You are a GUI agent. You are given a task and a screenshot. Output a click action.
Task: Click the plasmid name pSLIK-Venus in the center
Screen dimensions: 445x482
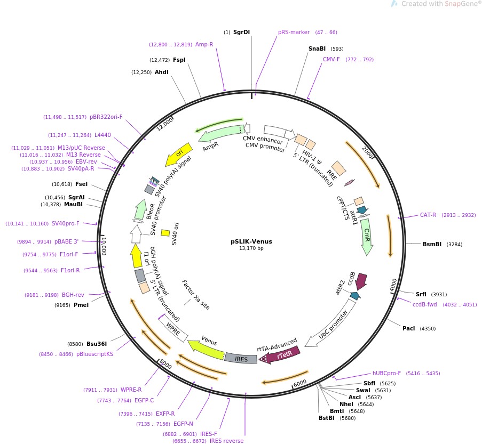coord(247,241)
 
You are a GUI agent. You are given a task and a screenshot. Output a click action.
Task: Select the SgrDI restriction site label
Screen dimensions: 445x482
coord(241,33)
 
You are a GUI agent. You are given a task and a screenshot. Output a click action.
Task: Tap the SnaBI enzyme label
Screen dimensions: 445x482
coord(317,48)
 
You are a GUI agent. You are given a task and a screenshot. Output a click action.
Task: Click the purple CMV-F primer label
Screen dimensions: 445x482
coord(331,59)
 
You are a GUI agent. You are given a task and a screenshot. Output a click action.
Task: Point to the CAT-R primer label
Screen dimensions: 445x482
coord(428,215)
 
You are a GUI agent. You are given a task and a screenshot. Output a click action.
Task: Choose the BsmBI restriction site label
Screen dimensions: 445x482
coord(432,245)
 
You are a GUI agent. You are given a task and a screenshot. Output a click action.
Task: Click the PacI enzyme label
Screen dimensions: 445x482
coord(408,328)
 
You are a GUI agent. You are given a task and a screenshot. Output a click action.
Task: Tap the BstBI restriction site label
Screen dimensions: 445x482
coord(326,418)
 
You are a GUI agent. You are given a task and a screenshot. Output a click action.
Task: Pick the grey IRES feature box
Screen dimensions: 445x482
coord(241,359)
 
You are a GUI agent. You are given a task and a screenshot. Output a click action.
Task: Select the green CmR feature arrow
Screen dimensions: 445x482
coord(367,236)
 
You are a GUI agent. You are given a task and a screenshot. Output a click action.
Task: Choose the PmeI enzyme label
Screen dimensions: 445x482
coord(81,305)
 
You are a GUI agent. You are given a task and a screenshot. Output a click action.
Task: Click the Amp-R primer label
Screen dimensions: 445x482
coord(204,44)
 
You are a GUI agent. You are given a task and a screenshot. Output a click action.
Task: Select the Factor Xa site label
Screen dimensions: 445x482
coord(196,295)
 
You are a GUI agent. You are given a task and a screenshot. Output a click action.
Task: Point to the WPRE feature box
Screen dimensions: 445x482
coord(175,330)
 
